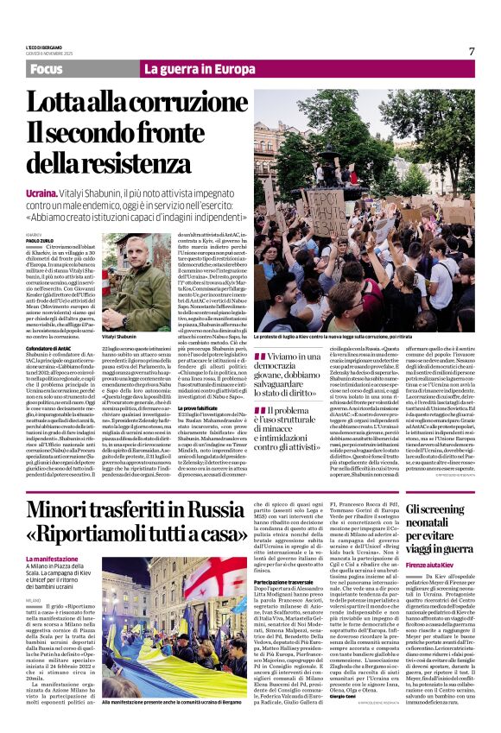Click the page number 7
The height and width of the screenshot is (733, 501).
point(472,51)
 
